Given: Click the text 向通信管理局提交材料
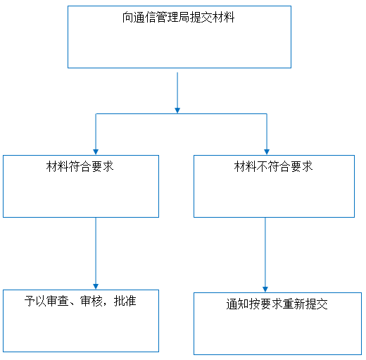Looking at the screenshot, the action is [x=178, y=18].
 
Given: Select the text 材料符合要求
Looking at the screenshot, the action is [x=80, y=166].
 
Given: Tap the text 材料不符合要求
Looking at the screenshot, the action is [x=273, y=166].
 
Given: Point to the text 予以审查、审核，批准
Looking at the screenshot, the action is [x=80, y=301].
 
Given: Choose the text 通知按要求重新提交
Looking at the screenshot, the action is [x=277, y=304].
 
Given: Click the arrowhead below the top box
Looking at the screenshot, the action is [x=177, y=111].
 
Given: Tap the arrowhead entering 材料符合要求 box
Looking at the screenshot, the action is [x=96, y=152].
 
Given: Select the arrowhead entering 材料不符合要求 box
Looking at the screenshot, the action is [x=267, y=152].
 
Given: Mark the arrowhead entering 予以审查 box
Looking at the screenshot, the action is [x=96, y=287].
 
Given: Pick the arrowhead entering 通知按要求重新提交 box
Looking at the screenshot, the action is [x=265, y=290].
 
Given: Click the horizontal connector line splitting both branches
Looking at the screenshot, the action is [x=182, y=114].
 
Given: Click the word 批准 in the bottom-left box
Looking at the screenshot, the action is [x=125, y=301].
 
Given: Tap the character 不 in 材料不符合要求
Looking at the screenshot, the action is [x=262, y=166].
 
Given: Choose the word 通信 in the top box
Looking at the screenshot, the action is [x=145, y=18].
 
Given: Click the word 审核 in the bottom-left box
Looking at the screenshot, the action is [x=91, y=301].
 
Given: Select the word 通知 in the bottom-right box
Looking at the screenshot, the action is [x=238, y=304].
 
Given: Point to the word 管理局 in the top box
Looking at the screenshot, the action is [x=173, y=18].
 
